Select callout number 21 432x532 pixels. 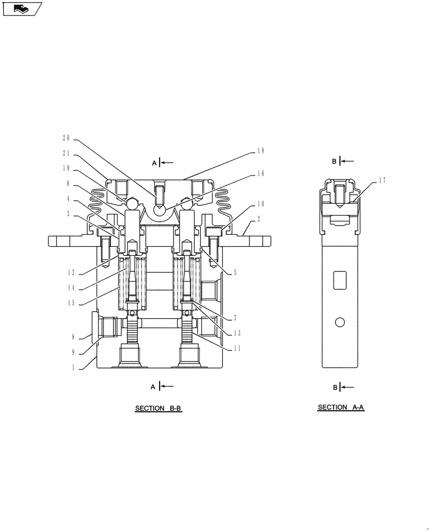67,154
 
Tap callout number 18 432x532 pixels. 261,151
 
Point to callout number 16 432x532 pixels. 261,173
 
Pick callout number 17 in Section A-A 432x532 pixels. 383,180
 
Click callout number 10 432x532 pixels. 261,204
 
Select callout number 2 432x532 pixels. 259,218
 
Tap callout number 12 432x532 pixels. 71,273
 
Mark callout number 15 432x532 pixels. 71,304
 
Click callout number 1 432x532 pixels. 73,367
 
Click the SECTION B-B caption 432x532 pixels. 159,409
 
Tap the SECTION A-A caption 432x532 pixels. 340,408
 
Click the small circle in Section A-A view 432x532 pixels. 340,322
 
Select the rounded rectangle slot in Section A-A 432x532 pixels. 340,280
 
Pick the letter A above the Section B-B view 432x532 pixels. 154,163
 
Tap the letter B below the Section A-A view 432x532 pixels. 335,387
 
